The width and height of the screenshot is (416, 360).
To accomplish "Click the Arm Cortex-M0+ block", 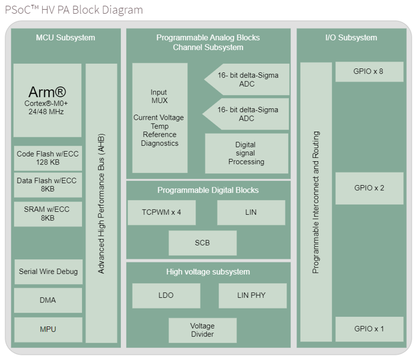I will click(47, 100).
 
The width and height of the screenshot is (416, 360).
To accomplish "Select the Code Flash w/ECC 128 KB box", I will click(48, 158).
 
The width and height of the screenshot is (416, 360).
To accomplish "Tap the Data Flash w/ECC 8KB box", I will click(48, 185).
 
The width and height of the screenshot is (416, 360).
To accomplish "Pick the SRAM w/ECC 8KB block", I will click(48, 214).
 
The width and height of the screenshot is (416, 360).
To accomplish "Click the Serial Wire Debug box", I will click(48, 272).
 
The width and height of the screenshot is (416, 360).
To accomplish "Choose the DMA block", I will click(48, 300).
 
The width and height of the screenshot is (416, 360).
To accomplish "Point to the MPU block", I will click(48, 329).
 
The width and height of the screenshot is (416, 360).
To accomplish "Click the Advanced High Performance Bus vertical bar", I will click(101, 203).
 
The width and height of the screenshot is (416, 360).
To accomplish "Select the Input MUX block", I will click(160, 118).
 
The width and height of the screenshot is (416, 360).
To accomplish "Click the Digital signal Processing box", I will click(246, 153).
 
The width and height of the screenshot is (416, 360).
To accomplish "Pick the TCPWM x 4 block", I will click(161, 212).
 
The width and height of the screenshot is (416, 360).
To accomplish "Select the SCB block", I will click(202, 243).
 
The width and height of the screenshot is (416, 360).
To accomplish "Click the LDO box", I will click(166, 296).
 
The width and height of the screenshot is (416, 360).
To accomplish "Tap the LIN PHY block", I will click(251, 296).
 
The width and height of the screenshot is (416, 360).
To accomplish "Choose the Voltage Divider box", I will click(202, 330).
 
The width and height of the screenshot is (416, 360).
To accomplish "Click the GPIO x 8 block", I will click(369, 72).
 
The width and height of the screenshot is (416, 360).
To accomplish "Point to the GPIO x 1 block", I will click(369, 329).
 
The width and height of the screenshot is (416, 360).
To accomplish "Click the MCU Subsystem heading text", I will click(66, 38).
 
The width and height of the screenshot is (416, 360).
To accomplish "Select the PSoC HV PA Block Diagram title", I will click(74, 10).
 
